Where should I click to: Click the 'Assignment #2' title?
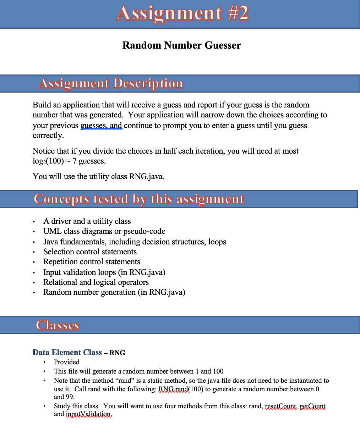[x=182, y=13]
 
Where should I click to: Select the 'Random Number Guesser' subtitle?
[x=181, y=45]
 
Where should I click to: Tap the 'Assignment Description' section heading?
[x=111, y=83]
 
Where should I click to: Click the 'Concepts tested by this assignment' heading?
[x=139, y=199]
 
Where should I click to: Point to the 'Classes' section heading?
[x=58, y=325]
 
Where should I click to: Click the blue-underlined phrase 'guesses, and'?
[x=101, y=126]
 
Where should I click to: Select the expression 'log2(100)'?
[x=48, y=161]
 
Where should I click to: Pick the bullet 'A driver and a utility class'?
[x=87, y=221]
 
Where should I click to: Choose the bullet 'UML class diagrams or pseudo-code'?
[x=104, y=231]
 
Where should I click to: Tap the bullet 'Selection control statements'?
[x=90, y=252]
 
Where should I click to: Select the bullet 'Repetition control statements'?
[x=92, y=262]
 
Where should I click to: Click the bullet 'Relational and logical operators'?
[x=96, y=282]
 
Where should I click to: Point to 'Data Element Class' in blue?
[x=67, y=353]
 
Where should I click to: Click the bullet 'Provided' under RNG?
[x=66, y=362]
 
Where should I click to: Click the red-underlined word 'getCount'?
[x=312, y=406]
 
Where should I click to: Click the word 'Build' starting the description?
[x=42, y=105]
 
